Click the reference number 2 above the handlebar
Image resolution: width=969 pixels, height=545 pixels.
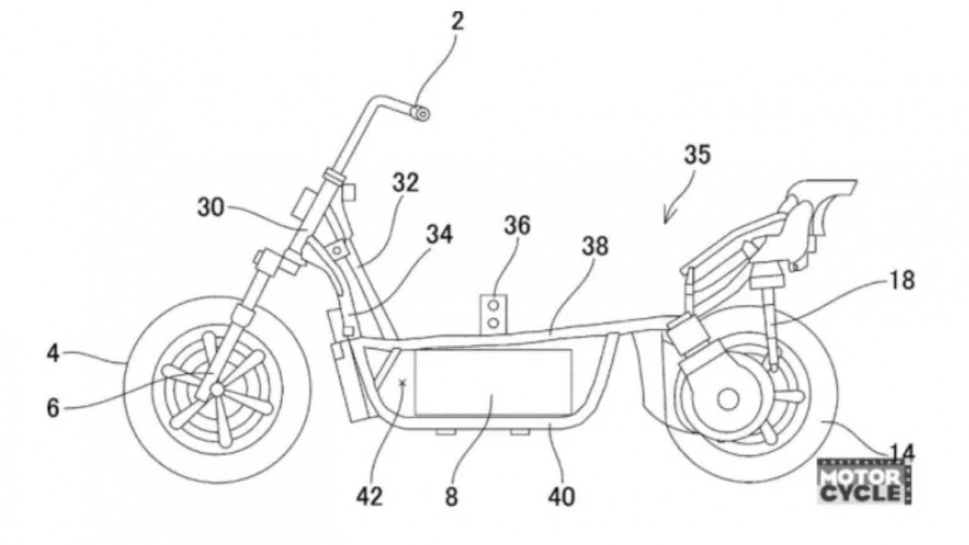click(458, 22)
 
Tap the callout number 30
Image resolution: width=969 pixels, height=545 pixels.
click(211, 207)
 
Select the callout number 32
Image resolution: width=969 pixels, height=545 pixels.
click(406, 182)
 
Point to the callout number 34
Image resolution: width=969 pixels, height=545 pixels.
click(440, 235)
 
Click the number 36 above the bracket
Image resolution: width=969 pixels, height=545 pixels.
click(517, 226)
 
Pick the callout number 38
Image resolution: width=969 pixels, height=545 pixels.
click(595, 247)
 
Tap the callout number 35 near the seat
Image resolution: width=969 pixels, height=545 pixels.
click(697, 155)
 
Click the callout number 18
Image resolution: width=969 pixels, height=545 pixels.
click(902, 280)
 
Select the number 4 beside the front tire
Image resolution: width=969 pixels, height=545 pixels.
click(53, 353)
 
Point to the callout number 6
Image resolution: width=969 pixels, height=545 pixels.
click(53, 408)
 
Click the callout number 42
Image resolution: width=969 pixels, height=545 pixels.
click(370, 497)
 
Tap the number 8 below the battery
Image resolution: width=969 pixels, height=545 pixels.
click(451, 497)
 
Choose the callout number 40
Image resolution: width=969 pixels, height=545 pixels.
click(562, 497)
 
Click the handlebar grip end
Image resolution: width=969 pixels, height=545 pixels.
click(421, 114)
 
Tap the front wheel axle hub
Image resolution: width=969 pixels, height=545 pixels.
click(217, 389)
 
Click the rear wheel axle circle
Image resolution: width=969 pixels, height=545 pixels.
click(728, 399)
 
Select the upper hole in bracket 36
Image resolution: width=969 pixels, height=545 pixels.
click(493, 305)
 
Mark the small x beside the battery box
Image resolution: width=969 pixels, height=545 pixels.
click(403, 382)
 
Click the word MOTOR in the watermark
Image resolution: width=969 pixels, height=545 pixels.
click(859, 478)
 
